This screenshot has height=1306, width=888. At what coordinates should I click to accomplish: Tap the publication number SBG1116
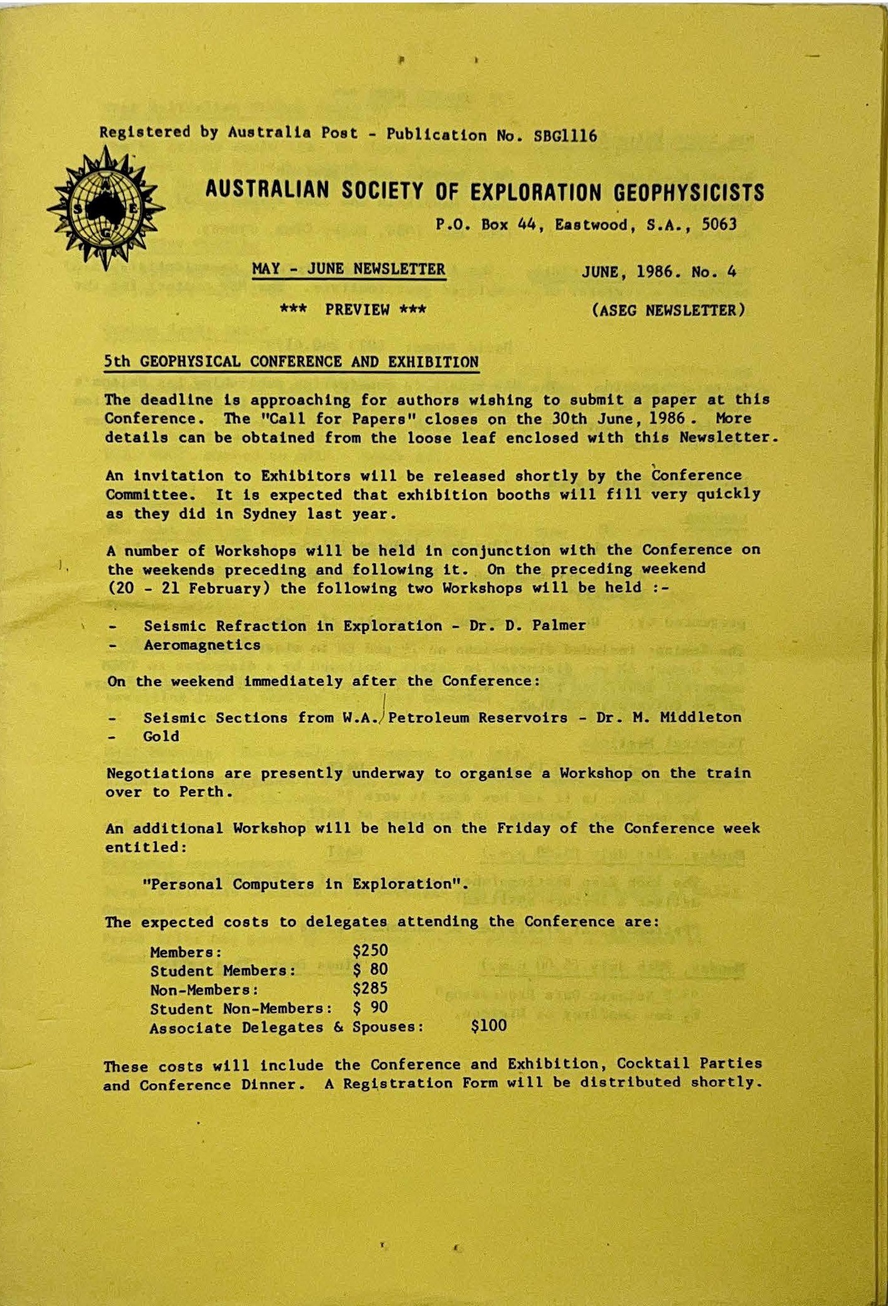[x=565, y=135]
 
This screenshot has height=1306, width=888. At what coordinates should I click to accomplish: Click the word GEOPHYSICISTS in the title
[x=689, y=193]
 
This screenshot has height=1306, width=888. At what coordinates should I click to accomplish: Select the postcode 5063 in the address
[x=719, y=224]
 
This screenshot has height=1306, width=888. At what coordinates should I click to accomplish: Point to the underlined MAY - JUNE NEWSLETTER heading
[x=349, y=270]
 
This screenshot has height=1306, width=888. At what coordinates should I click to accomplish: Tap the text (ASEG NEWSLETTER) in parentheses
[x=668, y=310]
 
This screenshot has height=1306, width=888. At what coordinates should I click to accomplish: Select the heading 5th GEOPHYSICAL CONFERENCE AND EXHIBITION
[x=291, y=362]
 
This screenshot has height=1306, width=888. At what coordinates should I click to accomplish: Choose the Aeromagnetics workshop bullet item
[x=202, y=645]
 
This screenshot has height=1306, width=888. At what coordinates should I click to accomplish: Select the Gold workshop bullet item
[x=161, y=737]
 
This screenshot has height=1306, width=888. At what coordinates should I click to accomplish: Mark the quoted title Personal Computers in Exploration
[x=305, y=884]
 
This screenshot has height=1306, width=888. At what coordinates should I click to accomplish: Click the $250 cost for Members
[x=370, y=951]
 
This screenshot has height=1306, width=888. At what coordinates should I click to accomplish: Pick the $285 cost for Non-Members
[x=370, y=989]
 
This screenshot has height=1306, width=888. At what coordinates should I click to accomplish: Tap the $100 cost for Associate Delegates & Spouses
[x=489, y=1026]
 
